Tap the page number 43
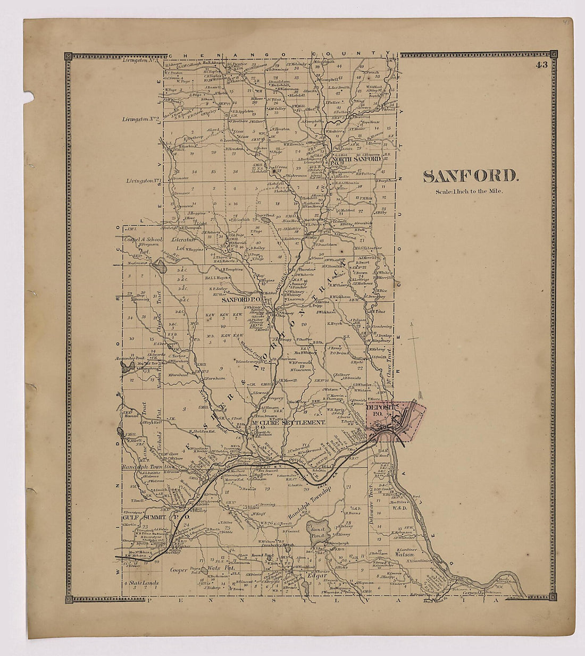[541, 65]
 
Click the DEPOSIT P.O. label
[380, 409]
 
